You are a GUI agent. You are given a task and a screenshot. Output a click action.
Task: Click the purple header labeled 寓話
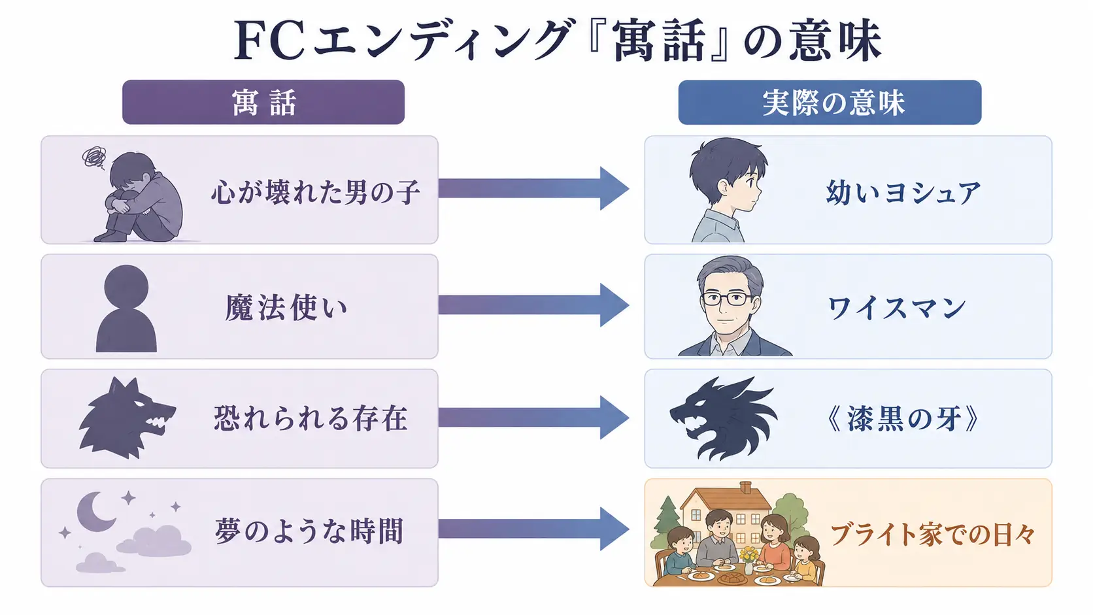pyautogui.click(x=263, y=102)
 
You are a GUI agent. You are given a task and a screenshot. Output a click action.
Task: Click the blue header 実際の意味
pyautogui.click(x=830, y=103)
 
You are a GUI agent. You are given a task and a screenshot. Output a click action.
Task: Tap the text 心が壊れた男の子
pyautogui.click(x=315, y=191)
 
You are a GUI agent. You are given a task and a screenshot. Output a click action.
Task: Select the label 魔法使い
pyautogui.click(x=286, y=308)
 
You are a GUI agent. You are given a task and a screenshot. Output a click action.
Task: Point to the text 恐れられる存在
pyautogui.click(x=311, y=418)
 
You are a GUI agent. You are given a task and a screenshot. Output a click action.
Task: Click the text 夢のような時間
pyautogui.click(x=309, y=531)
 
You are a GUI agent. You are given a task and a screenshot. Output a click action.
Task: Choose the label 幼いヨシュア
pyautogui.click(x=903, y=192)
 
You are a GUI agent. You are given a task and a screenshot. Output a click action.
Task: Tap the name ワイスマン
pyautogui.click(x=897, y=308)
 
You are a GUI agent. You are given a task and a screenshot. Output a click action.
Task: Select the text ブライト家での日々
pyautogui.click(x=932, y=535)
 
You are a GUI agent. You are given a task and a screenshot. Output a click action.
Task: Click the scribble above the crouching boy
pyautogui.click(x=94, y=158)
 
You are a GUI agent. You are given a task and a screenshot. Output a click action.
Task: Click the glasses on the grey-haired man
pyautogui.click(x=727, y=299)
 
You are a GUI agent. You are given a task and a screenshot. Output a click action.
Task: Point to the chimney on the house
pyautogui.click(x=746, y=487)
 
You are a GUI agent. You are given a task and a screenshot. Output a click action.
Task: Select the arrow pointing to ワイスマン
pyautogui.click(x=533, y=305)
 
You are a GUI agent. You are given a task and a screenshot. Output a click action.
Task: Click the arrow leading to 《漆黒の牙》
pyautogui.click(x=533, y=418)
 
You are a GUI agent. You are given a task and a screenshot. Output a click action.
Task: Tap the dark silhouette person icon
pyautogui.click(x=126, y=308)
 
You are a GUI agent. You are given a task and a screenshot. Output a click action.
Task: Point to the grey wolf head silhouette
pyautogui.click(x=127, y=418)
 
